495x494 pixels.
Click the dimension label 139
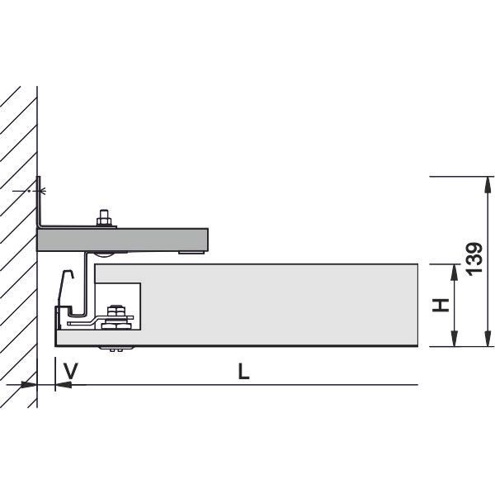[475, 259]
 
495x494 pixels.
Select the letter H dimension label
[441, 305]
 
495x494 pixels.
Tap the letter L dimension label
[243, 371]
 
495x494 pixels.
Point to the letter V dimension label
[70, 371]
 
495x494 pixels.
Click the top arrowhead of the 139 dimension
[488, 184]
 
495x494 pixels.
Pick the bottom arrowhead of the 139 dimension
[488, 339]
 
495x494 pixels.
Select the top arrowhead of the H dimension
[454, 272]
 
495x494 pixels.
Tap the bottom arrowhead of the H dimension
[454, 339]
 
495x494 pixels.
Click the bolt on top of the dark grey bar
[105, 218]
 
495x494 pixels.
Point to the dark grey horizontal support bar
[122, 240]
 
